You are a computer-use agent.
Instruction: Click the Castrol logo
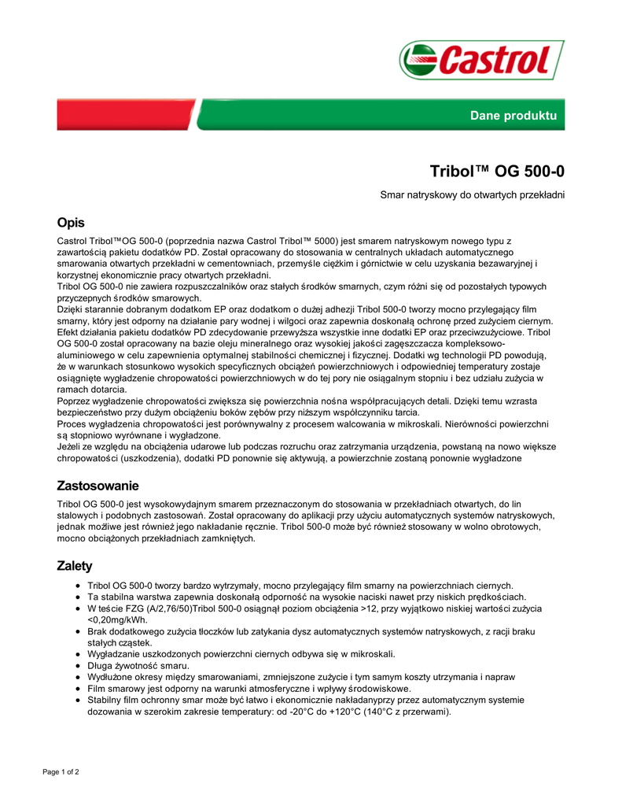click(481, 60)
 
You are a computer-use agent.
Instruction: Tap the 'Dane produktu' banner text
click(513, 116)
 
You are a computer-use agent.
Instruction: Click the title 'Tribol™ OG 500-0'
click(497, 171)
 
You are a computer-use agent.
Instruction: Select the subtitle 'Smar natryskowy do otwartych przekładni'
click(473, 194)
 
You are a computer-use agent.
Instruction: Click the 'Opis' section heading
click(71, 223)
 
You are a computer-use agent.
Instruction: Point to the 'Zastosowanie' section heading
click(98, 486)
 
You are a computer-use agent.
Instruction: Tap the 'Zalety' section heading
click(75, 566)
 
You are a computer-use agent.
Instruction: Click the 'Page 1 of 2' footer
click(61, 771)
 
